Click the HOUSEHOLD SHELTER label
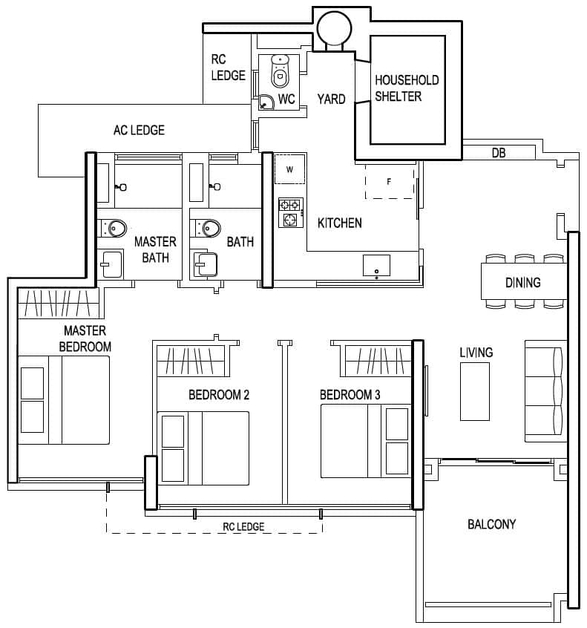pyautogui.click(x=407, y=88)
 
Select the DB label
pyautogui.click(x=499, y=153)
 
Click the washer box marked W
pyautogui.click(x=290, y=169)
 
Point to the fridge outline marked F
pyautogui.click(x=390, y=181)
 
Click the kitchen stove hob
pyautogui.click(x=289, y=212)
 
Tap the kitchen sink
pyautogui.click(x=376, y=265)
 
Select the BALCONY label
pyautogui.click(x=491, y=524)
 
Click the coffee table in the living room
pyautogui.click(x=474, y=391)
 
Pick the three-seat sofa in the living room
pyautogui.click(x=546, y=389)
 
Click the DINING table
pyautogui.click(x=523, y=282)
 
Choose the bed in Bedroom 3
pyautogui.click(x=365, y=441)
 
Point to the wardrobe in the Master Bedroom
pyautogui.click(x=57, y=303)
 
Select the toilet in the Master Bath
pyautogui.click(x=112, y=226)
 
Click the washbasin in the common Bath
pyautogui.click(x=204, y=264)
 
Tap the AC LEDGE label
pyautogui.click(x=139, y=130)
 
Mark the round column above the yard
pyautogui.click(x=330, y=27)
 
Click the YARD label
pyautogui.click(x=331, y=99)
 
